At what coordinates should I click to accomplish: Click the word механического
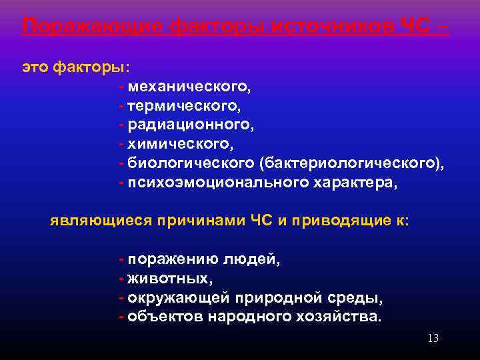(x=189, y=87)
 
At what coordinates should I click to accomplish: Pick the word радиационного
(x=191, y=125)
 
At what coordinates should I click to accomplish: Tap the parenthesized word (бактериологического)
(x=352, y=163)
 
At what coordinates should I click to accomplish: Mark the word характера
(x=355, y=183)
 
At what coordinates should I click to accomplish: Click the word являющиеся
(x=101, y=221)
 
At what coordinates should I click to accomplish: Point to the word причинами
(x=200, y=221)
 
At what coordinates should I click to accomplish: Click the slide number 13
(x=433, y=339)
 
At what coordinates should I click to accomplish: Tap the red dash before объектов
(x=121, y=316)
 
